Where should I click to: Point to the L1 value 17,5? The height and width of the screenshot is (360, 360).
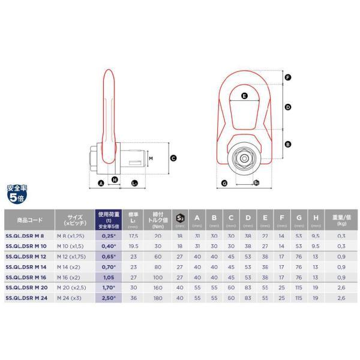coord(134,236)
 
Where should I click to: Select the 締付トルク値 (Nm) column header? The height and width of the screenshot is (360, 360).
coord(158,220)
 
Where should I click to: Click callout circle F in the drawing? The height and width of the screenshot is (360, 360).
coord(287,78)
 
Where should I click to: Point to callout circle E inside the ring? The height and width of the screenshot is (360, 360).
coord(244,95)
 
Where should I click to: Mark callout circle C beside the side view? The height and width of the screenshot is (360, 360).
coord(173,158)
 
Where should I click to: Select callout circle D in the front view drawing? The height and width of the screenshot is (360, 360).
coord(287,107)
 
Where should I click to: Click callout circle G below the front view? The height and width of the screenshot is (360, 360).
coord(224,182)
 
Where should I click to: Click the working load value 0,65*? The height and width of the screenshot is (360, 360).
coord(108,256)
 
